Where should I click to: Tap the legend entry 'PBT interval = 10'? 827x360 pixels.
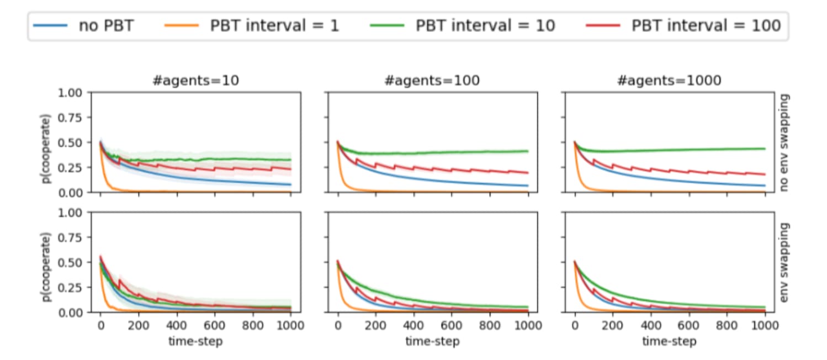(x=485, y=26)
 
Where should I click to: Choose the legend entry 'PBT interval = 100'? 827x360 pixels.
(x=706, y=26)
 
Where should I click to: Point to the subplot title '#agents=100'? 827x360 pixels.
(x=432, y=81)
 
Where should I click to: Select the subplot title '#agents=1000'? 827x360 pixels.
(x=669, y=81)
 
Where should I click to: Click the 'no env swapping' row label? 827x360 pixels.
(x=786, y=142)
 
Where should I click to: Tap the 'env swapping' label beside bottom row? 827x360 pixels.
(x=786, y=262)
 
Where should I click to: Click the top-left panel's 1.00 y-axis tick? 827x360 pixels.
(x=73, y=92)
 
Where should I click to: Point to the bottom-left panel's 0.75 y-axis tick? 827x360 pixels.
(x=73, y=237)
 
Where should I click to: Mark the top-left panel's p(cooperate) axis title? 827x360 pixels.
(x=49, y=142)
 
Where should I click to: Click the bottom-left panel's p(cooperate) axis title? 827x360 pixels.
(x=49, y=262)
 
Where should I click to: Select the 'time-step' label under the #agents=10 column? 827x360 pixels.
(x=195, y=341)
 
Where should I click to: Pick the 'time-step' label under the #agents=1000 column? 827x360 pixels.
(x=669, y=341)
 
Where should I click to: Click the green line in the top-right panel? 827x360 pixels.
(x=690, y=150)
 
